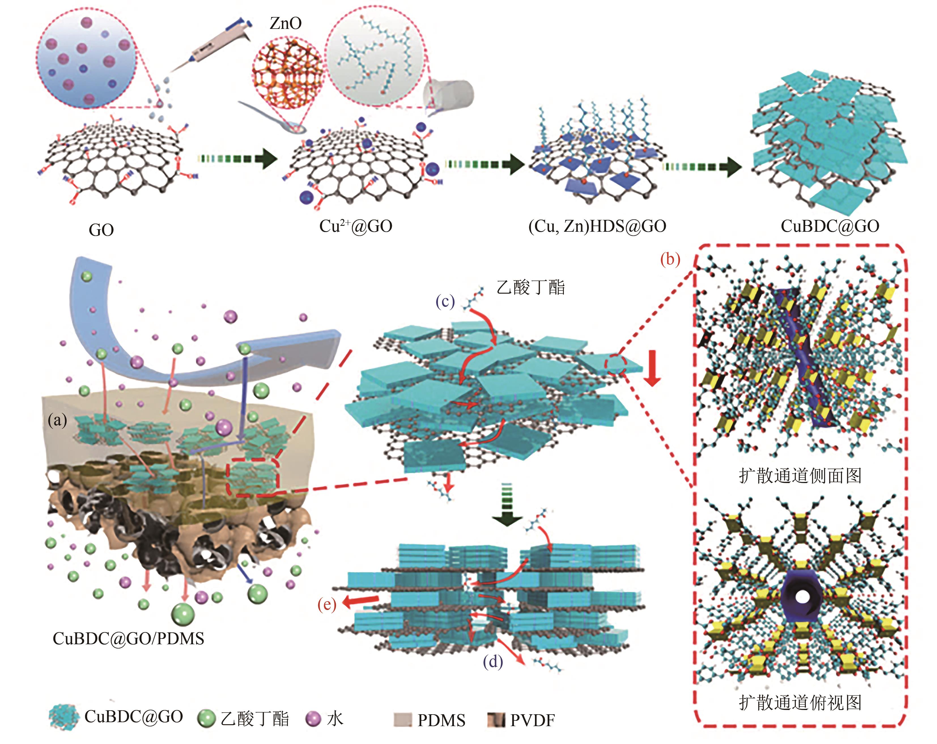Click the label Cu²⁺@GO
356,226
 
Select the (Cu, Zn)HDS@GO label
597,226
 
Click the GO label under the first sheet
101,230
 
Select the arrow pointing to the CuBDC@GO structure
702,166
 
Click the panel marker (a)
57,420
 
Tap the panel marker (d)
493,662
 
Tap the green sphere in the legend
207,718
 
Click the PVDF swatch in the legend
496,720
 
